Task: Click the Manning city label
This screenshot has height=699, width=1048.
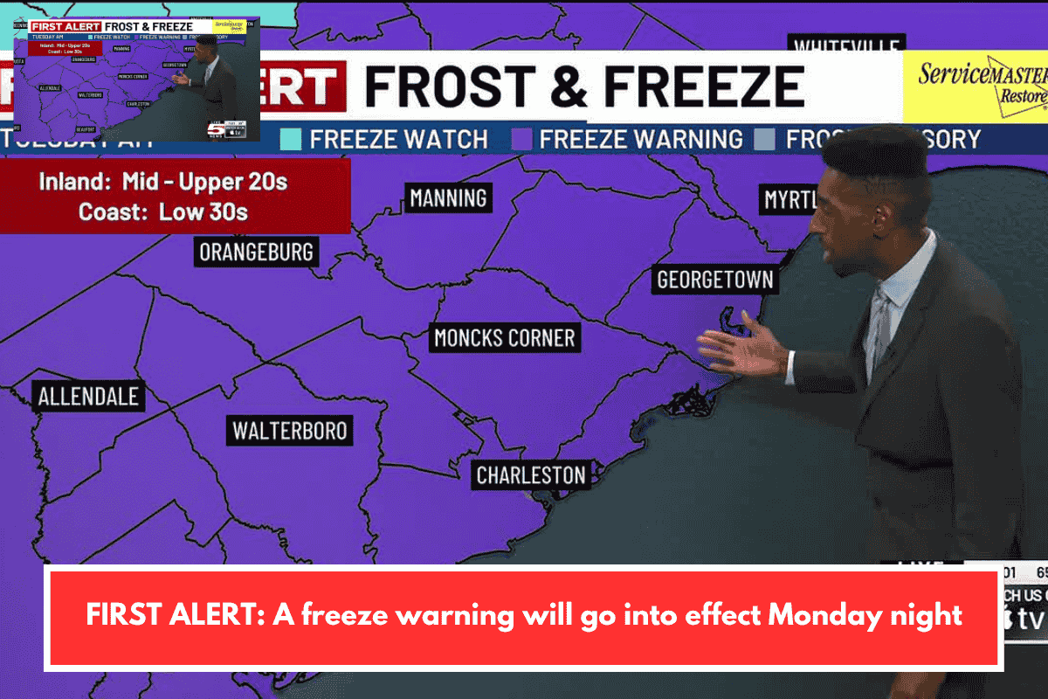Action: coord(448,198)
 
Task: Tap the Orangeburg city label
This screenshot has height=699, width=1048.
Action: coord(256,253)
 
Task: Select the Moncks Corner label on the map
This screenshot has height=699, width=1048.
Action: coord(505,337)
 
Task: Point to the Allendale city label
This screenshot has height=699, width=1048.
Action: coord(88,397)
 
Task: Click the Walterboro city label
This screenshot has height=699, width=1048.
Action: coord(289,431)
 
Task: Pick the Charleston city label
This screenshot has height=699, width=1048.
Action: coord(530,475)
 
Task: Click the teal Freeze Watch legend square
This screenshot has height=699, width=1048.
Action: coord(290,139)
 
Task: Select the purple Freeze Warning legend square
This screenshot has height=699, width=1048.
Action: coord(521,139)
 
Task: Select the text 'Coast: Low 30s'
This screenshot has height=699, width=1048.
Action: coord(162,211)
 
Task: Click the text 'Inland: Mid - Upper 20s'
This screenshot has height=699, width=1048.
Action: coord(162,183)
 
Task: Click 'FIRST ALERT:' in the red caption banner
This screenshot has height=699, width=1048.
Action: coord(174,615)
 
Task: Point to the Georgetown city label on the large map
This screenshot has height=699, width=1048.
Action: coord(714,280)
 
